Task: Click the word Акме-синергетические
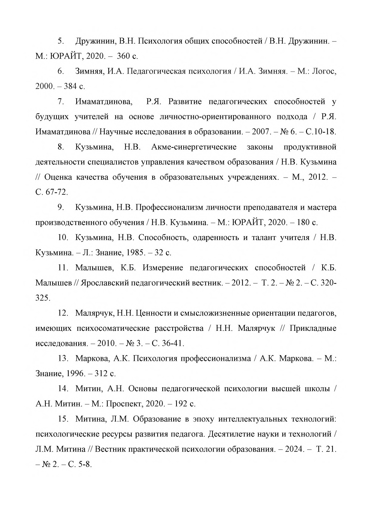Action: (194, 147)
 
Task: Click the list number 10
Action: (64, 237)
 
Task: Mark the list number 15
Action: (64, 419)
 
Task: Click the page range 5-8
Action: (84, 465)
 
